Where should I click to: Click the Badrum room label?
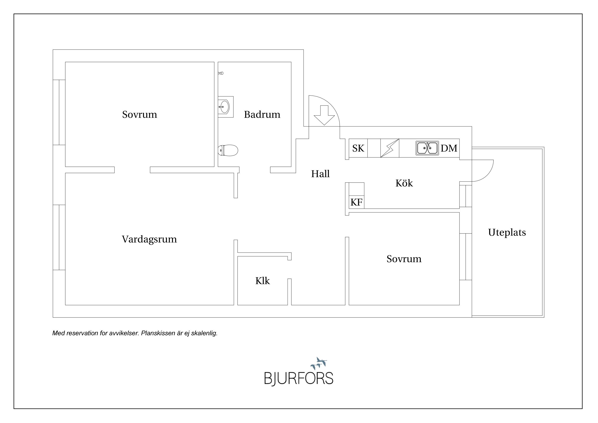point(262,114)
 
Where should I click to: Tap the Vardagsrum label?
point(149,239)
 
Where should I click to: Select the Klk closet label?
point(262,281)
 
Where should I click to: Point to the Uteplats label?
point(507,232)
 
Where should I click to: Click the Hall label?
point(320,174)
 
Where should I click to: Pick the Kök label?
point(404,183)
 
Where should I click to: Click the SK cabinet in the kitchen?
point(358,148)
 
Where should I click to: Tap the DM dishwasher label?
point(449,148)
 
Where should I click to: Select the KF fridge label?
point(356,202)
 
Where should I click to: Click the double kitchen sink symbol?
point(427,148)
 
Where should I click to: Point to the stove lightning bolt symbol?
point(390,148)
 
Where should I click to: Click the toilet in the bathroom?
point(228,150)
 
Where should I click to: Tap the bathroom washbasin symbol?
point(225,107)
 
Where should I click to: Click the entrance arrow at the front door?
point(324,115)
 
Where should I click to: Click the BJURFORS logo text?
point(299,378)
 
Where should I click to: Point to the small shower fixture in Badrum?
point(221,73)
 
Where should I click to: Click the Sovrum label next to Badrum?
point(140,114)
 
